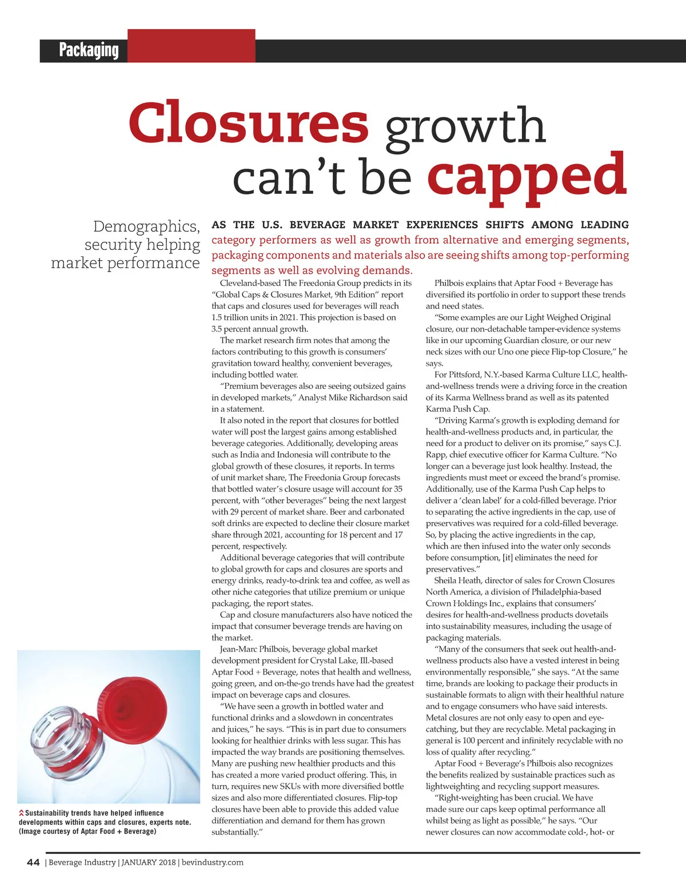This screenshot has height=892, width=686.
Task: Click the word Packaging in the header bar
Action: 89,50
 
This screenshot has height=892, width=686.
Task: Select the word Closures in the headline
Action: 249,124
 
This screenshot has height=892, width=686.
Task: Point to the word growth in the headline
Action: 465,127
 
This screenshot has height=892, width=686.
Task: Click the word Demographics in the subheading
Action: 146,226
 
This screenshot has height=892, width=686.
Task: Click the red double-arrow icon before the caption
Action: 21,813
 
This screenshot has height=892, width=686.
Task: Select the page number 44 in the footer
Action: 33,862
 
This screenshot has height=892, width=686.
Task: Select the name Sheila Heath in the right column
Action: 457,580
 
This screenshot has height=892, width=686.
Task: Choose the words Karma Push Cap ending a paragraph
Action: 457,409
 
